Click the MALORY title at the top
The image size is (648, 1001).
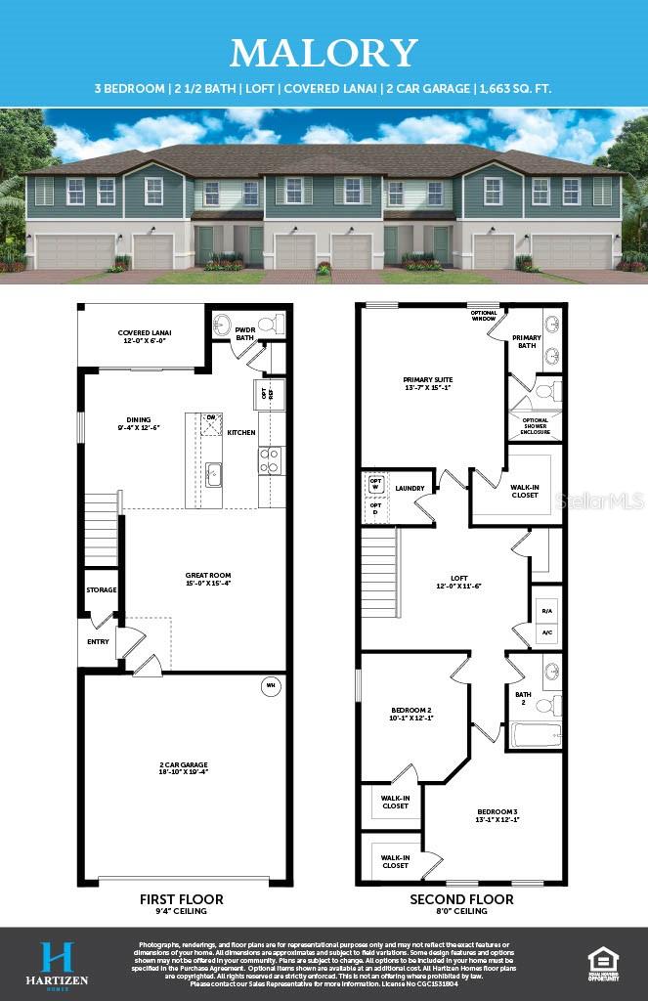324,52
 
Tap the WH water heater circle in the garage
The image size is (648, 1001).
269,686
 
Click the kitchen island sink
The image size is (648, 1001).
213,474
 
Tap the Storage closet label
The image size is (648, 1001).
102,590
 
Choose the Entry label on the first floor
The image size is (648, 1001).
99,642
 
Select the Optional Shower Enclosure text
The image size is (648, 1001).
535,426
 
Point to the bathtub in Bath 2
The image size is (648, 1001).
534,734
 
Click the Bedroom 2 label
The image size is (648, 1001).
410,714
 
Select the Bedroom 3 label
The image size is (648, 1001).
497,815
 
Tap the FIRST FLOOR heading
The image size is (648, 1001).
181,899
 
